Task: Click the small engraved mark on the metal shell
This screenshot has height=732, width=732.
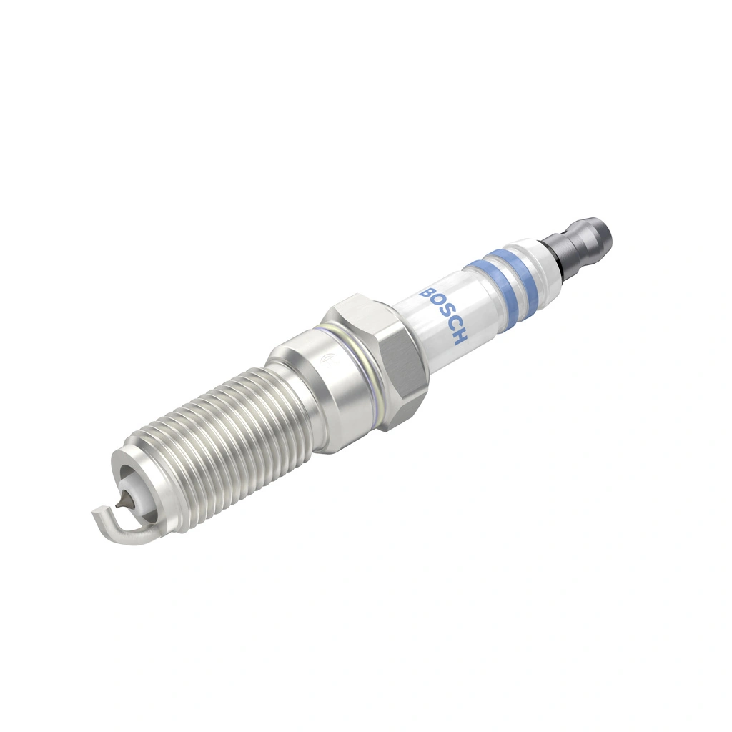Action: coord(331,357)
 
